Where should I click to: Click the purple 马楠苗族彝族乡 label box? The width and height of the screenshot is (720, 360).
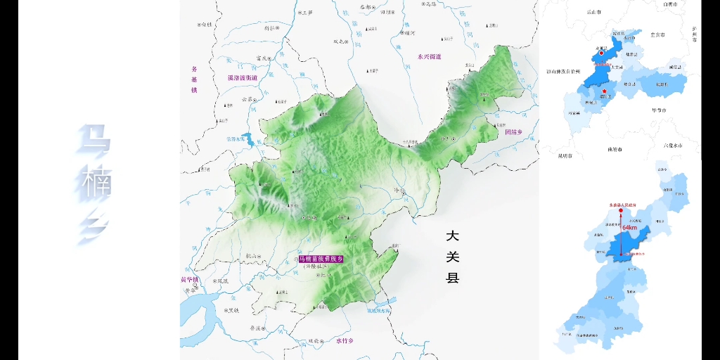point(321,259)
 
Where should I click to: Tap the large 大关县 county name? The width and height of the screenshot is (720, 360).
point(452,256)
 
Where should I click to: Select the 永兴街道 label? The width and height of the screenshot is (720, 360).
point(428,56)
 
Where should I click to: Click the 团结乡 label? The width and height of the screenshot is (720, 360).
point(514,131)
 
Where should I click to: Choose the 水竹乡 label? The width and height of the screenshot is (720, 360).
point(344,341)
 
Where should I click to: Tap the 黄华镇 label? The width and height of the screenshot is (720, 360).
point(191,280)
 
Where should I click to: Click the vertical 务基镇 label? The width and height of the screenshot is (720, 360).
point(195,79)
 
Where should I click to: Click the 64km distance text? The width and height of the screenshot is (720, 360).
point(630,228)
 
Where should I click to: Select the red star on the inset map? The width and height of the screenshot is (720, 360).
point(604,91)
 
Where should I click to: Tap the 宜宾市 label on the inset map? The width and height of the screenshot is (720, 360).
point(657,34)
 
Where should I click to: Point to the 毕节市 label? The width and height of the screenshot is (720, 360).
point(659,110)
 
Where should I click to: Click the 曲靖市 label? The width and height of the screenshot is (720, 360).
point(616,149)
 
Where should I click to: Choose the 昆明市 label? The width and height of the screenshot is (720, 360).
point(565,155)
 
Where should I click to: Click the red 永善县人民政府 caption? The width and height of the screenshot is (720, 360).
point(622,205)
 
